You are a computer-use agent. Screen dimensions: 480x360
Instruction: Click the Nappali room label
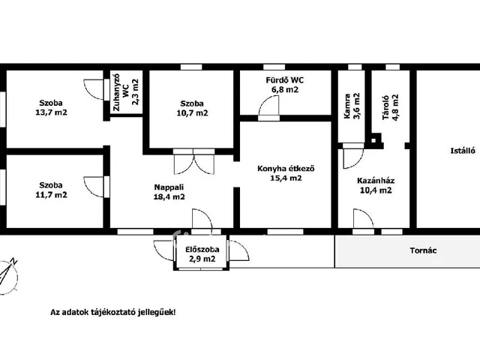pos(169,187)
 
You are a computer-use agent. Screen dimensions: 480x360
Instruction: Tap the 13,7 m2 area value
pos(51,112)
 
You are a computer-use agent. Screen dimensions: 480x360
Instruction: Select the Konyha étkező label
pos(286,168)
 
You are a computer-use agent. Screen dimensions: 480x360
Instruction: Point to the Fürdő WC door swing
pos(269,106)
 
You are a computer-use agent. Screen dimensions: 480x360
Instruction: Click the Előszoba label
pos(202,249)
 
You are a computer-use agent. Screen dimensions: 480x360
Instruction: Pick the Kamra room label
pos(347,106)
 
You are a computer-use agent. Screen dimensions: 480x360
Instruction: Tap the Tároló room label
pos(385,107)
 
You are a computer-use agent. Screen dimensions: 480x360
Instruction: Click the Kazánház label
pos(376,181)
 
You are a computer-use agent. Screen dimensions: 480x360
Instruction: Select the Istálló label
pos(463,151)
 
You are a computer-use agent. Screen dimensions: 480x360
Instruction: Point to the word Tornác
pos(423,250)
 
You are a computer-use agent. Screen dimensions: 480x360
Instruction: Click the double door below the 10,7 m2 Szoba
pos(193,162)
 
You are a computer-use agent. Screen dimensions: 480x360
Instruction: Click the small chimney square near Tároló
pos(373,140)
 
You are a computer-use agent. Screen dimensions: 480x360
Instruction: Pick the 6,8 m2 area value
pos(284,90)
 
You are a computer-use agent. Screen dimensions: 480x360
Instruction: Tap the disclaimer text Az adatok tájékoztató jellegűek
pos(113,313)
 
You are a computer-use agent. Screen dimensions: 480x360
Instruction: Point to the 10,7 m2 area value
pos(192,113)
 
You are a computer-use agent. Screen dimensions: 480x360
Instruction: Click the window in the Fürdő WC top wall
pos(274,67)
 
